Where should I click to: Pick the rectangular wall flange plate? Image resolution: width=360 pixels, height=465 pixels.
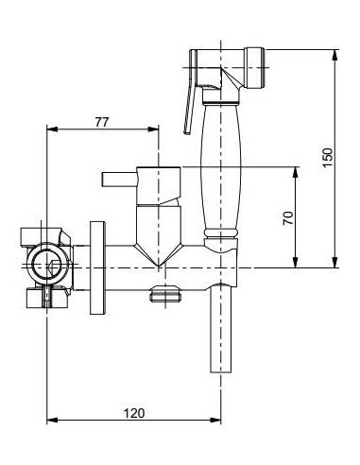tap(96, 268)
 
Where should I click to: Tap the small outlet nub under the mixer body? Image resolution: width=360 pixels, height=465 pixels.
tap(164, 296)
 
